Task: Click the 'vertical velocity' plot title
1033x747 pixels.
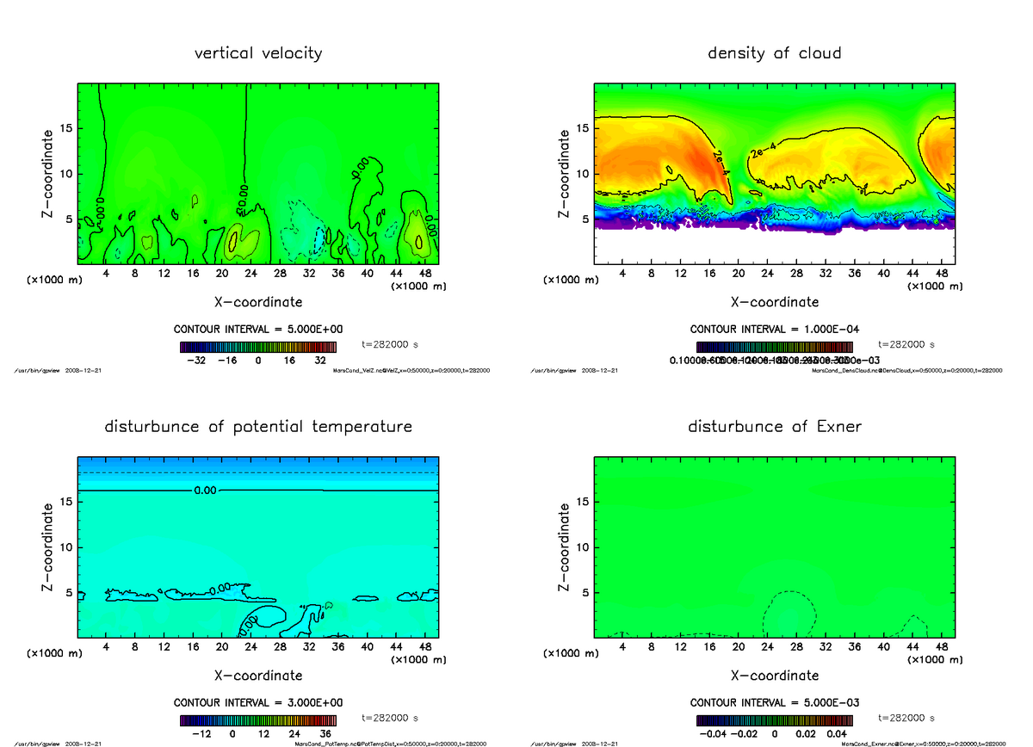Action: point(258,53)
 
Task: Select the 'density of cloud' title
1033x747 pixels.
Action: point(774,53)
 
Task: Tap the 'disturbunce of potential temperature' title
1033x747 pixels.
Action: point(258,427)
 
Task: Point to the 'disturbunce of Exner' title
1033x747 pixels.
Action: point(775,427)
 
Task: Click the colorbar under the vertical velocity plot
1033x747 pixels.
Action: point(258,347)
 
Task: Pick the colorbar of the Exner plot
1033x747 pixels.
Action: point(775,720)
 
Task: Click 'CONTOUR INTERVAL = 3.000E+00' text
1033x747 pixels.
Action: point(258,702)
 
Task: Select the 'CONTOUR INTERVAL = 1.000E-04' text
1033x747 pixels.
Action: point(775,330)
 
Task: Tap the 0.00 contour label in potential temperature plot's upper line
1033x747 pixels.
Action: point(206,491)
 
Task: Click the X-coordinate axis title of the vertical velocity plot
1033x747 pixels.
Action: point(258,302)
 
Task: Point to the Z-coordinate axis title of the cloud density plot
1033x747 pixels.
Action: point(566,174)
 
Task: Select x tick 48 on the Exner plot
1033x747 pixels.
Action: point(941,646)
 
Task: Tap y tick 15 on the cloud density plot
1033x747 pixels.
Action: point(583,129)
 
